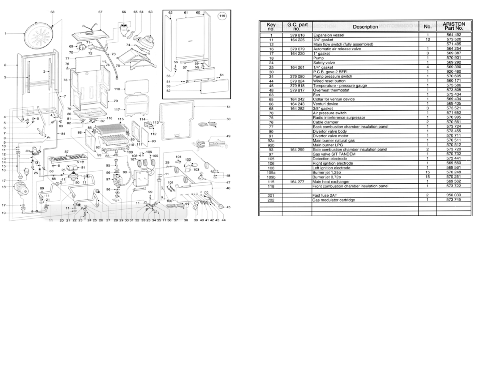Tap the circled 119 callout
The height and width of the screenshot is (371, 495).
coord(222,16)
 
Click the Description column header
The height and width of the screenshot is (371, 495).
coord(365,27)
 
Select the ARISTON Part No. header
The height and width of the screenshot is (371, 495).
coord(454,26)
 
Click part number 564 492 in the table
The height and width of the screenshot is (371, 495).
coord(454,35)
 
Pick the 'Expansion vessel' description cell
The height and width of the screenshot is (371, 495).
coord(329,35)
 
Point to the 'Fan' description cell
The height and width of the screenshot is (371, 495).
coord(316,95)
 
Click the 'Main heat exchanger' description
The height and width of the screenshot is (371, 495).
coord(331,182)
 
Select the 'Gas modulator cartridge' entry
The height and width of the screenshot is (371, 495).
coord(334,200)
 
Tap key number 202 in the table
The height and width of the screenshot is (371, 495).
coord(271,200)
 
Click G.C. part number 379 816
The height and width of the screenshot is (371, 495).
coord(297,35)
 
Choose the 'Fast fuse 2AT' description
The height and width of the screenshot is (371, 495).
coord(325,195)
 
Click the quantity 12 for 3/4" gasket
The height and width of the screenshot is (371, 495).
coord(428,40)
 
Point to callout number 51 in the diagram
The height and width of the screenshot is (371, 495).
coord(229,107)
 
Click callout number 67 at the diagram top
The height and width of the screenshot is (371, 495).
coord(100,12)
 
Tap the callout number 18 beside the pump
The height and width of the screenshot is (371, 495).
coord(4,187)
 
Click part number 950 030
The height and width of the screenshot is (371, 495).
coord(454,195)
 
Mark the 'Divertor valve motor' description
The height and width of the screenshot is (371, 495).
coord(330,136)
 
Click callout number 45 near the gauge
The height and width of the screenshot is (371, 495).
coord(228,207)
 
